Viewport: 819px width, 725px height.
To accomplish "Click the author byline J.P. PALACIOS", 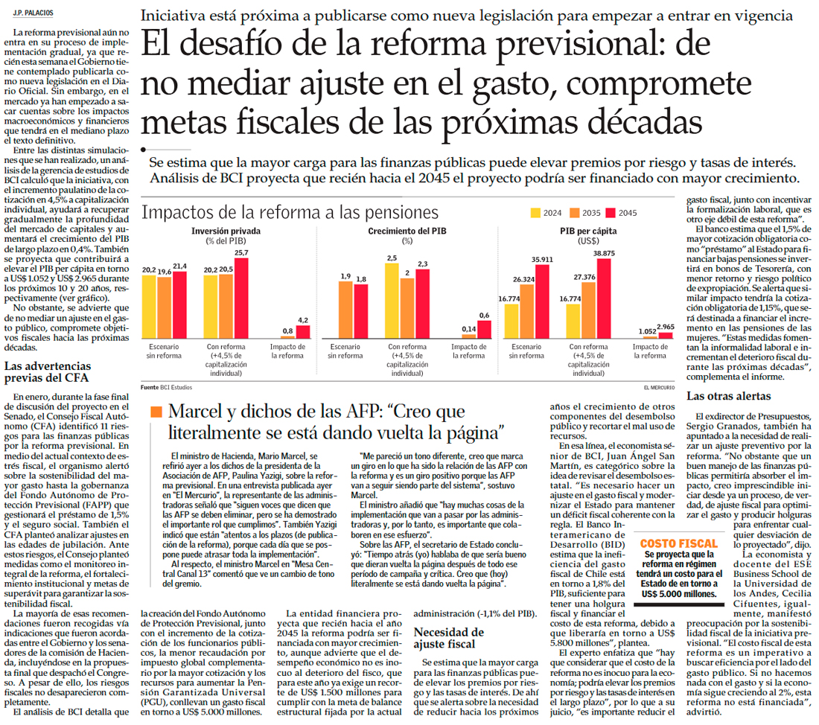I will pos(33,13).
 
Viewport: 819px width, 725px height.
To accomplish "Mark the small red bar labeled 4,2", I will pos(303,333).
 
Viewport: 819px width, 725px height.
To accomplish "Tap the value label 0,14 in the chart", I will pos(468,328).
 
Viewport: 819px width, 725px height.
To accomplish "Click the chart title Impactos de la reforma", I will pos(290,213).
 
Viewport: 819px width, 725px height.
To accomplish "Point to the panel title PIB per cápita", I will pos(587,231).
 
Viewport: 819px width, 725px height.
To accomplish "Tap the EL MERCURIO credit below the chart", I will pos(660,387).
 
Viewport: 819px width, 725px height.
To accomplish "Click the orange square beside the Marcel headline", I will pos(156,412).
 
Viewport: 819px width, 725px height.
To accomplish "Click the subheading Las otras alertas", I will pos(723,397).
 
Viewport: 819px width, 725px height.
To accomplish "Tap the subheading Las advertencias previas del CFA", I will pos(48,372).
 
